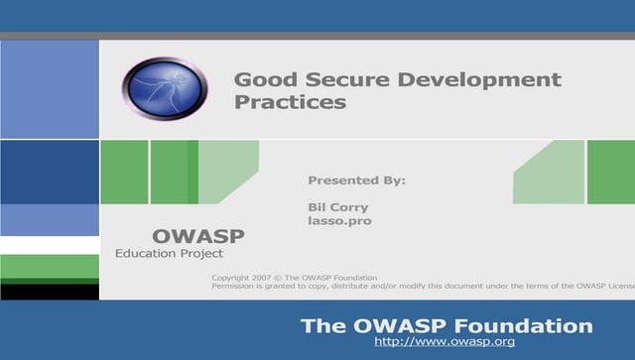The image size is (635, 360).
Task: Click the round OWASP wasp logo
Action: pyautogui.click(x=164, y=88)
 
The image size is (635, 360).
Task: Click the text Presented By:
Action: pyautogui.click(x=357, y=180)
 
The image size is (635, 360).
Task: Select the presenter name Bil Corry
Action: pyautogui.click(x=338, y=207)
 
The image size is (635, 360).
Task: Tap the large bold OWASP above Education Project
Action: pyautogui.click(x=197, y=236)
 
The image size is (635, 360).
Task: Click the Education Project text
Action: pyautogui.click(x=176, y=254)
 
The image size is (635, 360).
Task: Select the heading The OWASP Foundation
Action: pyautogui.click(x=446, y=325)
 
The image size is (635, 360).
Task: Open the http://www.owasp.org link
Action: pyautogui.click(x=444, y=342)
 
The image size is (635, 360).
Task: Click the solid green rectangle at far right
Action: pyautogui.click(x=611, y=172)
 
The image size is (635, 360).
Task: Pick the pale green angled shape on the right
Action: pyautogui.click(x=551, y=174)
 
